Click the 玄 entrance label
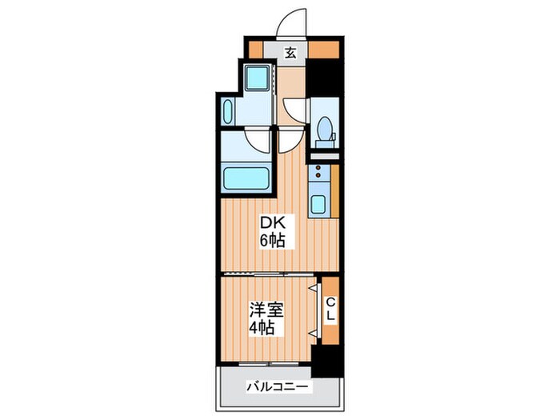coord(290,53)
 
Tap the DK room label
coord(273,223)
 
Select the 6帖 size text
coord(272,240)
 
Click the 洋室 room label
coord(266,310)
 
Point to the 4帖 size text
coord(262,327)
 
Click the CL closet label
coord(330,309)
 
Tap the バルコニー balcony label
coord(278,386)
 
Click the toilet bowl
coord(324,128)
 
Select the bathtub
coord(246,178)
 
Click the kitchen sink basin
coord(318,204)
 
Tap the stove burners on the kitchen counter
coord(317,170)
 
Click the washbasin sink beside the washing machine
coord(227,111)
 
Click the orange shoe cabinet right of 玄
coord(323,50)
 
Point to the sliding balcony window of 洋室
coord(269,364)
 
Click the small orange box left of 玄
coord(255,50)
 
